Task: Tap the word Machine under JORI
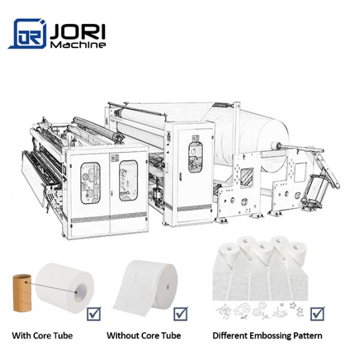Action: (78, 44)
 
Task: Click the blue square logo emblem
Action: (28, 34)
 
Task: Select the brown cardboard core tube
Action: (22, 293)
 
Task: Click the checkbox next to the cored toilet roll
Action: (94, 314)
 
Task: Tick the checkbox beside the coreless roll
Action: (181, 314)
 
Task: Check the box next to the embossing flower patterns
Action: (317, 314)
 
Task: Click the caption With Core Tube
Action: (42, 335)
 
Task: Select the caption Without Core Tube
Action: (144, 335)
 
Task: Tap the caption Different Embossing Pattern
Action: (267, 335)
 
